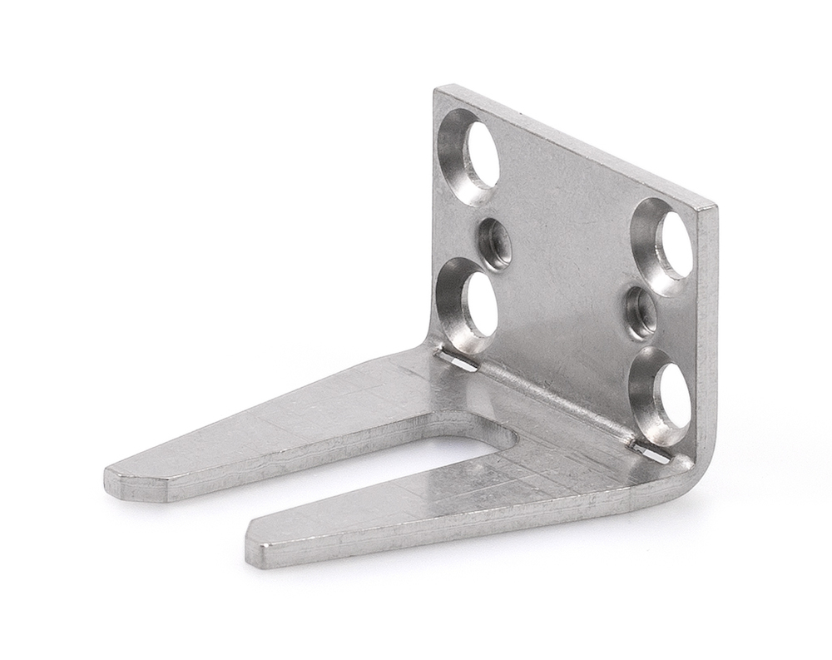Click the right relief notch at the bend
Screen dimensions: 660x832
click(651, 453)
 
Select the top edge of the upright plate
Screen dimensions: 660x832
click(574, 145)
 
